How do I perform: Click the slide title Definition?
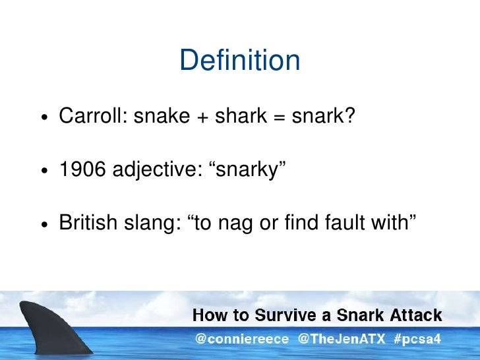239,61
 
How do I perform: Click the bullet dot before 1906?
43,171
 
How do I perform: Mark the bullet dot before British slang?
43,224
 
